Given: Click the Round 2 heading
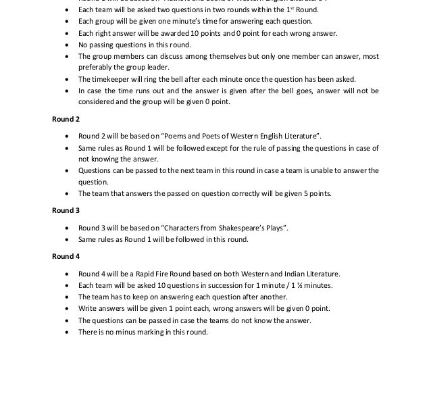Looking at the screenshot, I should (x=66, y=119).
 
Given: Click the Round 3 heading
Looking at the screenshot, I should (x=66, y=210).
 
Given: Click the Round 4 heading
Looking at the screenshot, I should (x=66, y=256).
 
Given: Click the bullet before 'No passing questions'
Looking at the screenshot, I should (x=66, y=45).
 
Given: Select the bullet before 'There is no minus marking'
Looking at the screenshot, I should (x=66, y=332).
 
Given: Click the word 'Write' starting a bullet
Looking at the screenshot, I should (x=88, y=308).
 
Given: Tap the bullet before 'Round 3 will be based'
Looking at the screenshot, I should (x=66, y=228).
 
